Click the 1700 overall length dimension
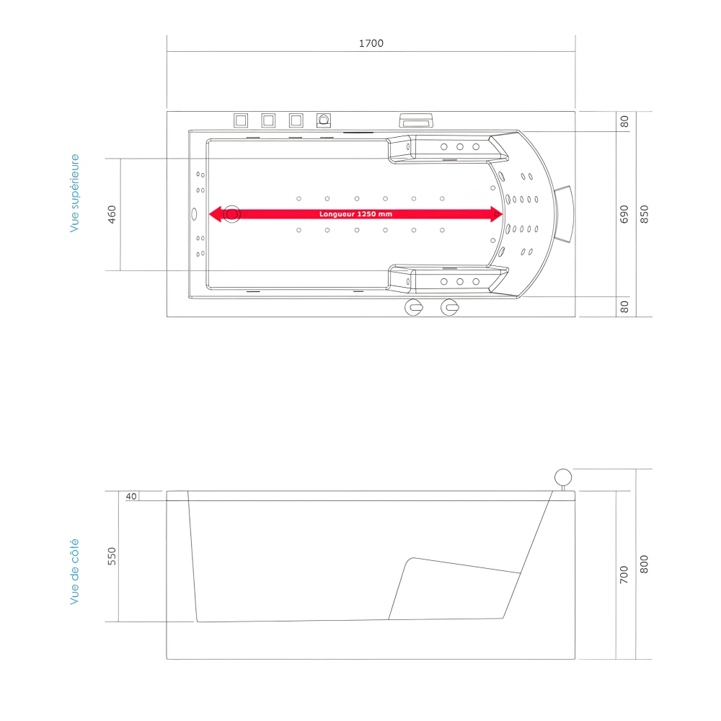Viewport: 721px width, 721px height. point(371,43)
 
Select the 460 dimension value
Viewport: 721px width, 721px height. point(112,214)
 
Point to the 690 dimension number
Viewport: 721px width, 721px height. point(624,214)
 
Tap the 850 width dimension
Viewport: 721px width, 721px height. point(645,214)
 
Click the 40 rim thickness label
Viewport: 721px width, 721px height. point(131,497)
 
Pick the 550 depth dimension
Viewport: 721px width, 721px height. point(112,556)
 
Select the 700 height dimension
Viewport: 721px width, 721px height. point(624,575)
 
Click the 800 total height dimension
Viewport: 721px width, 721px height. point(645,564)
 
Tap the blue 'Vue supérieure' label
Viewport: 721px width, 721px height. point(74,193)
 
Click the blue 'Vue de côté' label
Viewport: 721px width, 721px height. point(74,572)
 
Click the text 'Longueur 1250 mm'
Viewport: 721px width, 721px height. point(356,214)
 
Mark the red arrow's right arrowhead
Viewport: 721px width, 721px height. point(496,214)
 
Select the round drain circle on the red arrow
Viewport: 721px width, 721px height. point(231,214)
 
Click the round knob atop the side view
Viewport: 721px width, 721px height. point(562,477)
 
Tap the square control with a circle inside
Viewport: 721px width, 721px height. point(324,120)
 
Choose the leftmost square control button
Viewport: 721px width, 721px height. point(241,120)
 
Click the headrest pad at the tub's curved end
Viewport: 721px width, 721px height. point(563,214)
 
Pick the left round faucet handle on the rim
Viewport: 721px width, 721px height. point(415,307)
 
